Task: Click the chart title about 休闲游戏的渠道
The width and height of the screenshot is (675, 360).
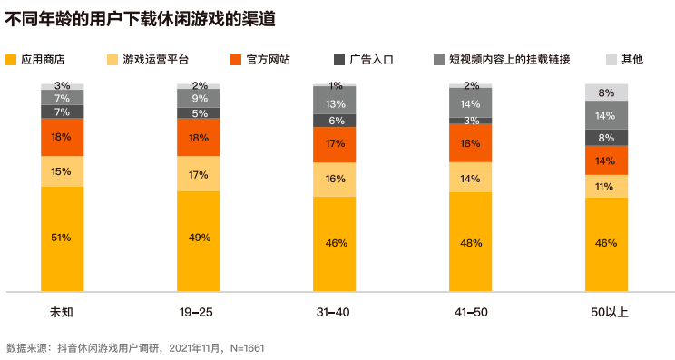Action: click(x=141, y=18)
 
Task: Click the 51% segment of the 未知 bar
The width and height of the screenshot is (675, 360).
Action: click(x=62, y=238)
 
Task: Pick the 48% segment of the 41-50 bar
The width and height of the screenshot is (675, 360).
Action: click(x=470, y=242)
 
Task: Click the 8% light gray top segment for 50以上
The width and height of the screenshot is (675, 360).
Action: click(x=606, y=92)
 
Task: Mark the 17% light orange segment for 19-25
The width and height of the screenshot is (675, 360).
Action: click(x=198, y=175)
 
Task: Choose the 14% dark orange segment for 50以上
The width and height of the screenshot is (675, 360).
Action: click(x=606, y=161)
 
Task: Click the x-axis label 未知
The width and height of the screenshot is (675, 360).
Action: click(x=62, y=313)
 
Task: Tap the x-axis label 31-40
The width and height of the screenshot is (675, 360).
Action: click(x=334, y=313)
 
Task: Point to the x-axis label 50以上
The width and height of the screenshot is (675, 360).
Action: click(x=606, y=313)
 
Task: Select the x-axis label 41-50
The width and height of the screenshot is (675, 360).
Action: click(x=470, y=313)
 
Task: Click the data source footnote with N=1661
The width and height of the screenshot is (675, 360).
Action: click(x=135, y=347)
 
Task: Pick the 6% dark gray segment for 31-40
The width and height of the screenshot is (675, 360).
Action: click(x=334, y=121)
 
